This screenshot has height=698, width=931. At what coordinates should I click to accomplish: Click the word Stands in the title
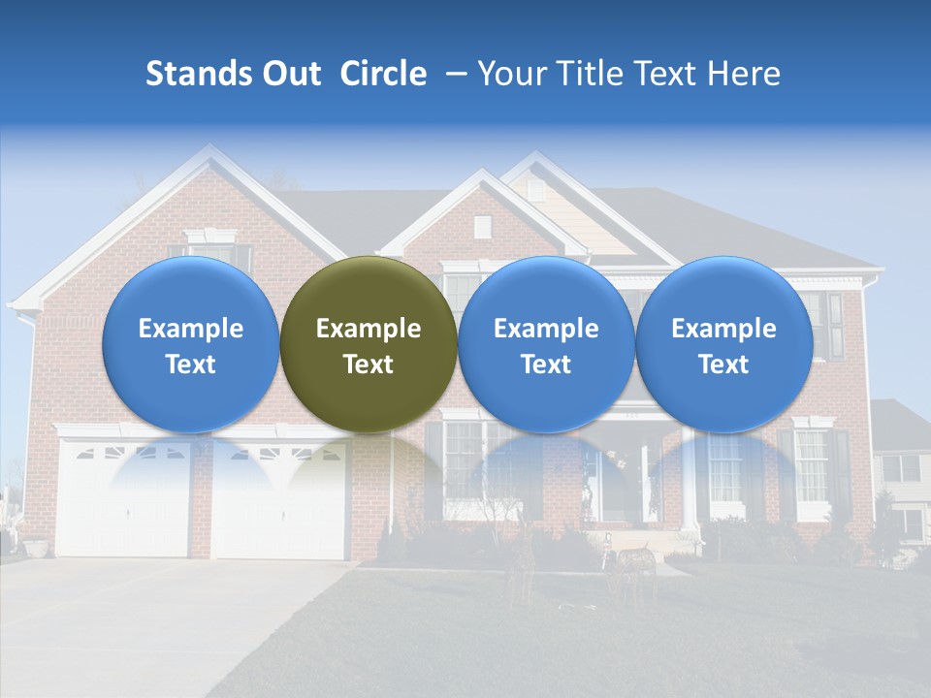pos(199,74)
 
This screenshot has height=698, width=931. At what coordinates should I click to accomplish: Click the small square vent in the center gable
pos(482,227)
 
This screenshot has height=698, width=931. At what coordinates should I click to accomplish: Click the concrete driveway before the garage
pos(145,620)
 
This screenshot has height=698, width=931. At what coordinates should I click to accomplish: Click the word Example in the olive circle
pos(369,329)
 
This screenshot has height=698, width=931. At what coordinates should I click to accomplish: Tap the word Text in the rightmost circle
pos(723,365)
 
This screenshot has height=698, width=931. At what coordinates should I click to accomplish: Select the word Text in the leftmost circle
pos(190,365)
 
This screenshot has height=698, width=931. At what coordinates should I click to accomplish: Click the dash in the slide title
pos(452,74)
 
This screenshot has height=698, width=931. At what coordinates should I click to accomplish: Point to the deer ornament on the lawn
pos(635,562)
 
